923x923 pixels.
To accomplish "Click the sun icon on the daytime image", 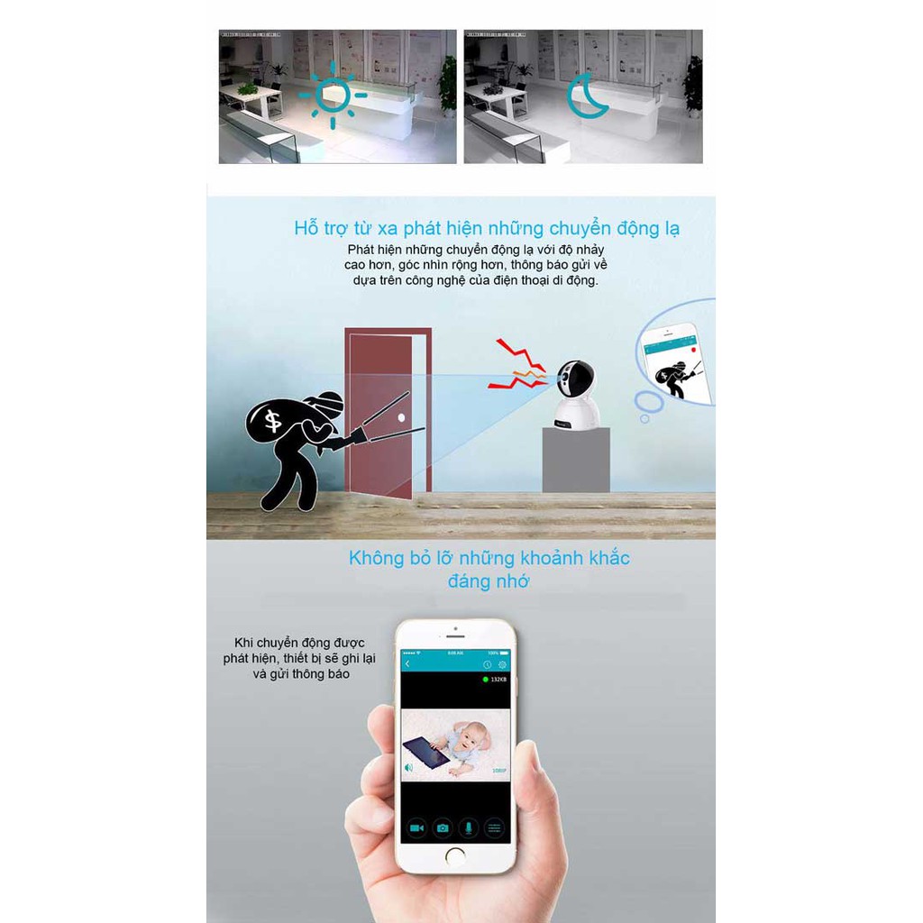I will [333, 95].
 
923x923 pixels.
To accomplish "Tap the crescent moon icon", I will [586, 96].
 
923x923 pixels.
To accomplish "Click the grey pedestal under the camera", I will [575, 459].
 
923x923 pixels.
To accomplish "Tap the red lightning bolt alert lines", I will [517, 364].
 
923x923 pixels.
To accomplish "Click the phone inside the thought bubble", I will [676, 362].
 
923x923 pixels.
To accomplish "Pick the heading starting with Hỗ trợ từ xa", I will [487, 228].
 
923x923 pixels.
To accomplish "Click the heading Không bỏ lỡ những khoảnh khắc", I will [489, 558].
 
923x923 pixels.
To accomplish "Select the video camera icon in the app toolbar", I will [416, 827].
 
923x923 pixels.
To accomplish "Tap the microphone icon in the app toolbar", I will [468, 827].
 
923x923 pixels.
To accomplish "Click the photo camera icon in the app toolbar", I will [443, 827].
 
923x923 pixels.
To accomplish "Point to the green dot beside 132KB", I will [485, 679].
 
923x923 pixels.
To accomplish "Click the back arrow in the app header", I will [407, 664].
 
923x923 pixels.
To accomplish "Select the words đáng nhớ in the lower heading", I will [489, 581].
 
